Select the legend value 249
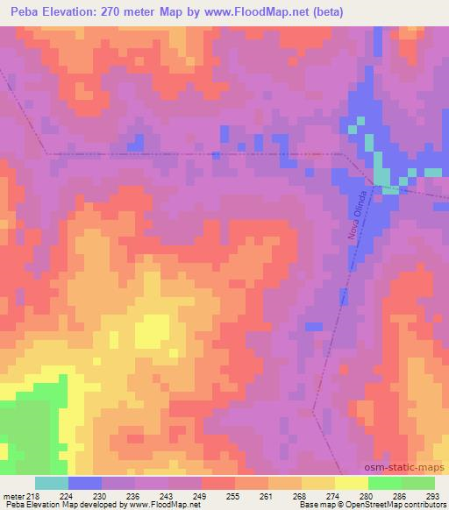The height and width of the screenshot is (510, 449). (202, 495)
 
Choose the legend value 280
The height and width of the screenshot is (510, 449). (368, 495)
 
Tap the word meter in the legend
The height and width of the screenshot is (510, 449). (12, 495)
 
